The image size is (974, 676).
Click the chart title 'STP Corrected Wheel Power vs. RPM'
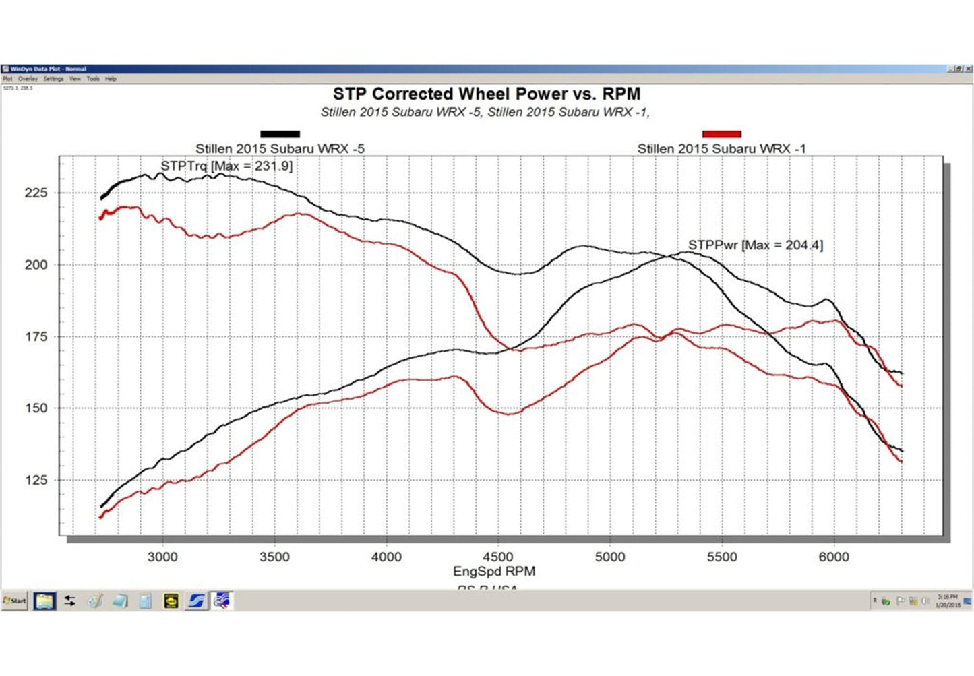(486, 94)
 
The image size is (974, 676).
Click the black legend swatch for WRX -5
(280, 134)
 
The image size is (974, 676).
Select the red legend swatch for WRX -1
(721, 134)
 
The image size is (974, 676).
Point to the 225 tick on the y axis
(36, 193)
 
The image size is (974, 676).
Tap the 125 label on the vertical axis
(36, 480)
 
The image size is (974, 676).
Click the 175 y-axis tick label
(36, 336)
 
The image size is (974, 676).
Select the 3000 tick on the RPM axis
(162, 557)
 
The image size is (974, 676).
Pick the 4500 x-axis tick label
(497, 557)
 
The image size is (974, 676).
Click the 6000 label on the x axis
(833, 557)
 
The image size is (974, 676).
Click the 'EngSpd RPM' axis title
(494, 572)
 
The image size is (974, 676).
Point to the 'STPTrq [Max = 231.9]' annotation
(226, 166)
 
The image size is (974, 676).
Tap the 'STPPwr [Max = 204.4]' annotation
(755, 245)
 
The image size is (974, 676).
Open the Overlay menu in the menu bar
(28, 79)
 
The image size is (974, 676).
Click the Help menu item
(111, 79)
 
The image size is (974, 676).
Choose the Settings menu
(53, 79)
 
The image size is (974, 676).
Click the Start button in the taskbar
(14, 601)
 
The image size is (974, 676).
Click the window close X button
(969, 69)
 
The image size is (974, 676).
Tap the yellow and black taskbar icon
(171, 601)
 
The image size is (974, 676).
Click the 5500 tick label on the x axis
(721, 557)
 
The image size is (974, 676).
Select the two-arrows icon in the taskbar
(69, 601)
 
